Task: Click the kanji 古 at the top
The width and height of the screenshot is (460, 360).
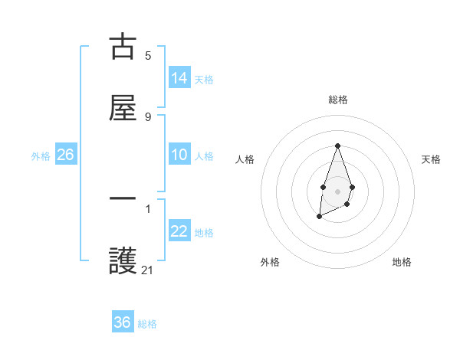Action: point(123,46)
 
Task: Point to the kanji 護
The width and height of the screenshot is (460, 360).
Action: point(123,261)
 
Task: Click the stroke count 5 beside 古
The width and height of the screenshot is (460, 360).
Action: point(148,55)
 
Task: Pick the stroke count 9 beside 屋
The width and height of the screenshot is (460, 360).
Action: point(148,117)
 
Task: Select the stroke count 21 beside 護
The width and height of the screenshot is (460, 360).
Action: point(148,270)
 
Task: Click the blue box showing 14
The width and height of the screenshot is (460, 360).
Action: point(179,77)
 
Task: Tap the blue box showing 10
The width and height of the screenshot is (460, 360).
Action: point(179,155)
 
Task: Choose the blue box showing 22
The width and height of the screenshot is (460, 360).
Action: point(179,231)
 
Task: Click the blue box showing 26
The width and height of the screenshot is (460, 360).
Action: point(65,155)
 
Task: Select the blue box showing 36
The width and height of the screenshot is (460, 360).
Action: point(123,322)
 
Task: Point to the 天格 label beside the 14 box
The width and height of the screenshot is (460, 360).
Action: point(204,79)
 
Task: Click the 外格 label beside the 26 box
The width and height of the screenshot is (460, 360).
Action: point(41,156)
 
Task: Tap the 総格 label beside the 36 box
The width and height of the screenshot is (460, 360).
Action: point(147,324)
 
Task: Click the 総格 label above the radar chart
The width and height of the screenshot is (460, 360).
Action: point(337,100)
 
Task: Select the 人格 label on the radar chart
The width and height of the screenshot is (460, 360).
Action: point(245,159)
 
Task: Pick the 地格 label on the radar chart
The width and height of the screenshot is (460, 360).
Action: point(402,262)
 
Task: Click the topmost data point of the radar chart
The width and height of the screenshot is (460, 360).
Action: point(337,146)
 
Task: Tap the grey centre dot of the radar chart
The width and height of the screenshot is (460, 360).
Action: point(337,190)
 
